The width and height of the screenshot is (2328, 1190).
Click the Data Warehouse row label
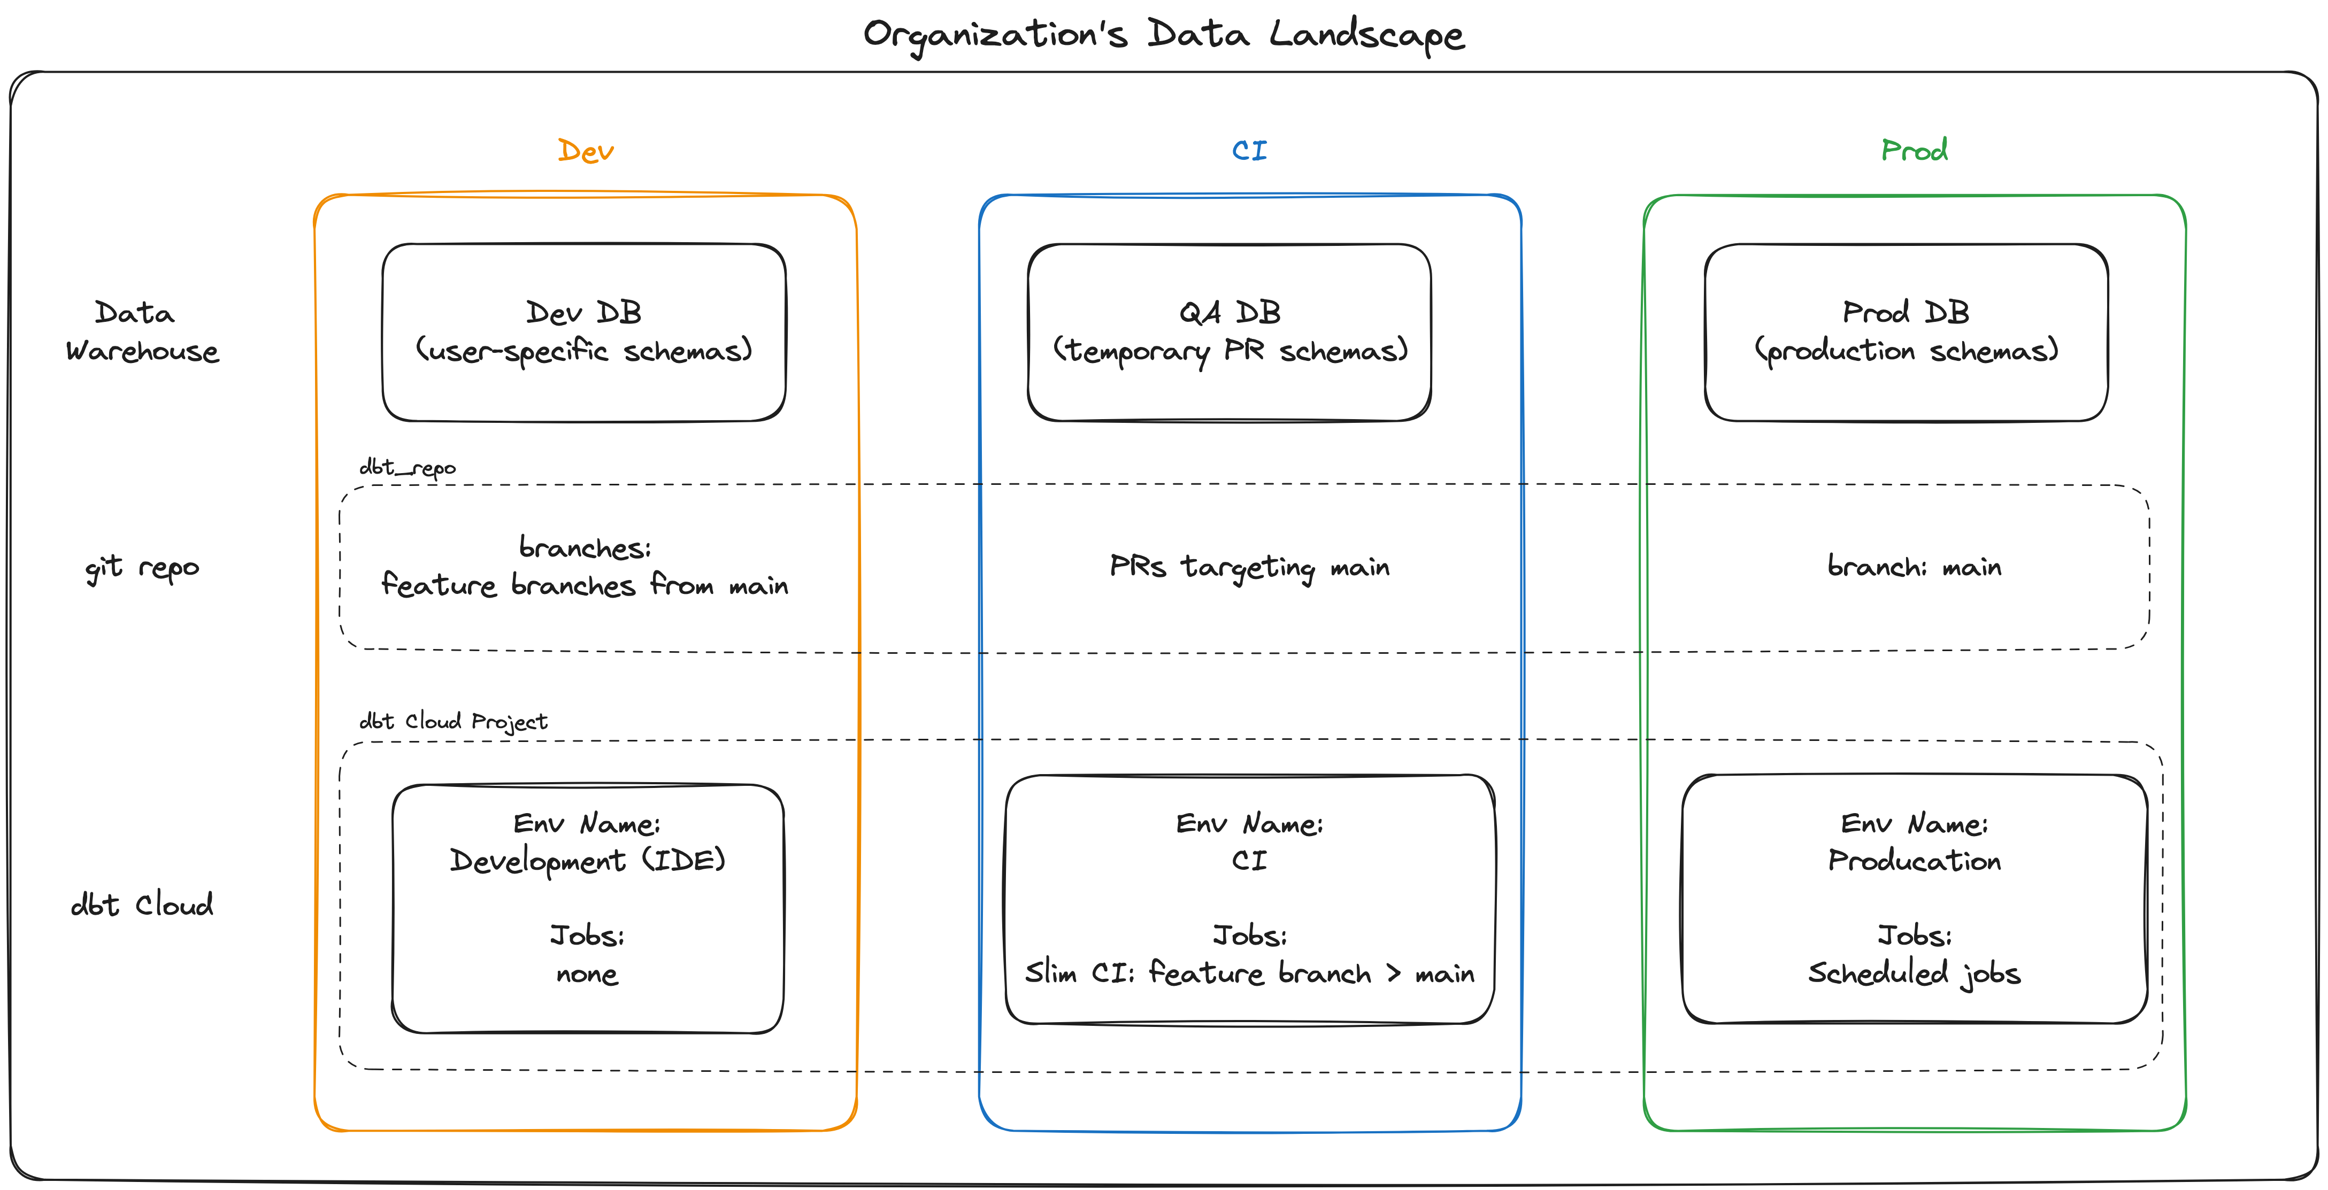(142, 331)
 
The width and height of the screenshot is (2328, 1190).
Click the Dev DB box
(584, 331)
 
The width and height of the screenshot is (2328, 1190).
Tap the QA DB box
(1229, 331)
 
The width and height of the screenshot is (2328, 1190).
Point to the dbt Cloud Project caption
(453, 722)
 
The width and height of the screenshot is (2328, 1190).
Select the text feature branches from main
(584, 585)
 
